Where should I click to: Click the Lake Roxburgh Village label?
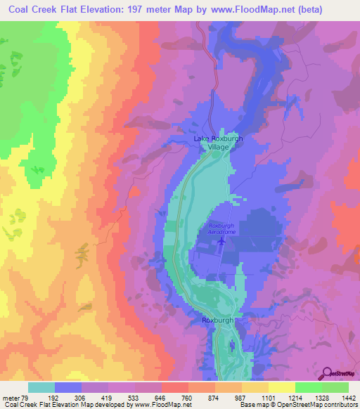pyautogui.click(x=218, y=143)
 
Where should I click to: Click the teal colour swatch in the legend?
pyautogui.click(x=41, y=387)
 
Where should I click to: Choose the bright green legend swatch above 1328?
pyautogui.click(x=308, y=387)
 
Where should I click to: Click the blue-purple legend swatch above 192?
pyautogui.click(x=68, y=387)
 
